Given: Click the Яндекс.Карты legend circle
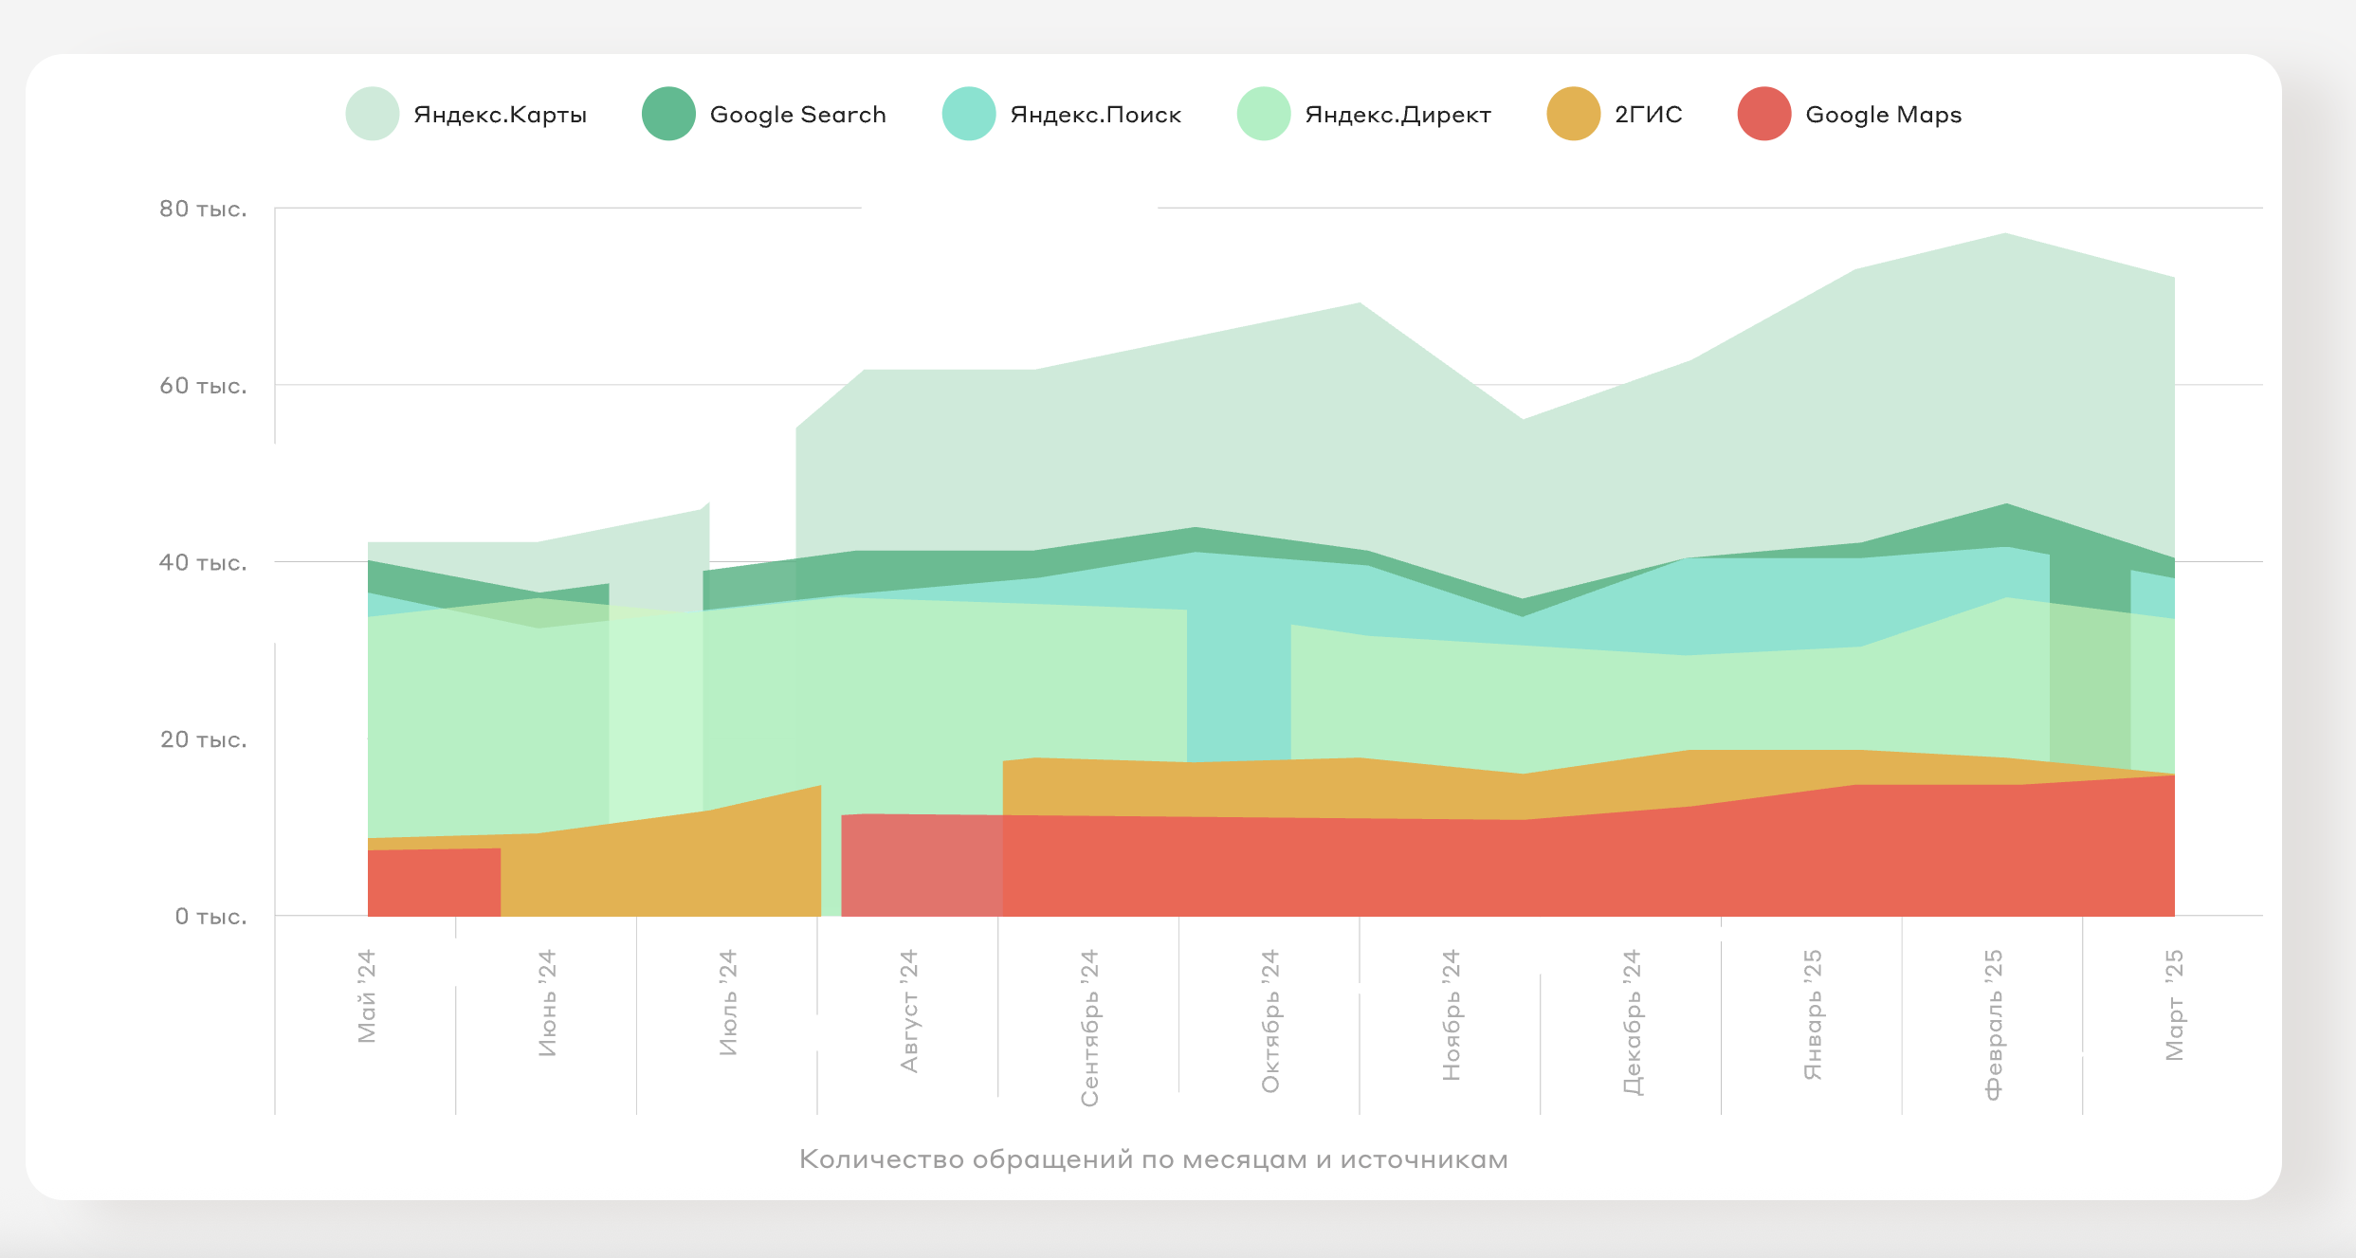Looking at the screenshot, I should (373, 114).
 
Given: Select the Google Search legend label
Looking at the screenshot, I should (797, 115).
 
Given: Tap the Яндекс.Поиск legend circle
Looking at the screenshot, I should (968, 114).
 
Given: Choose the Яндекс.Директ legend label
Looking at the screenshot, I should (1397, 115).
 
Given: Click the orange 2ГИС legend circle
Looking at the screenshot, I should (1573, 114).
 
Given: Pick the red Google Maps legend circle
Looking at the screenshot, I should (1763, 114).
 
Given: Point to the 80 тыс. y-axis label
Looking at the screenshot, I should (203, 209).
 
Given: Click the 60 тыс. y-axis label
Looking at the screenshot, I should (203, 386).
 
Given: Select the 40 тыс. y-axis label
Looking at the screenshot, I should (203, 562).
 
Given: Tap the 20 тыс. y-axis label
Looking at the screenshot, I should (203, 739).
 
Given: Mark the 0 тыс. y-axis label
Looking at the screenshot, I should (210, 917).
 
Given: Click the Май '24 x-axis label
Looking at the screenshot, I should (367, 995).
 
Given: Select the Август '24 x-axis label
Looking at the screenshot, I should (909, 1011).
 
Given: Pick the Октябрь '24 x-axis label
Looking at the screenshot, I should (1270, 1020).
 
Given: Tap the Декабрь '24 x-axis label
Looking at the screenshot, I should (1632, 1022).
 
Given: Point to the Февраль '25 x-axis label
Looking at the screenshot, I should (1993, 1024).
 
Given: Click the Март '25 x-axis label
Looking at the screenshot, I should (2174, 1004).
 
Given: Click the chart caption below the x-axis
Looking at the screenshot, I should (1153, 1159).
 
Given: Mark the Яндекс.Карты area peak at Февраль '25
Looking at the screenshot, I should (2005, 235).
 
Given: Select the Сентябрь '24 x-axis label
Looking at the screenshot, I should (1089, 1028).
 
